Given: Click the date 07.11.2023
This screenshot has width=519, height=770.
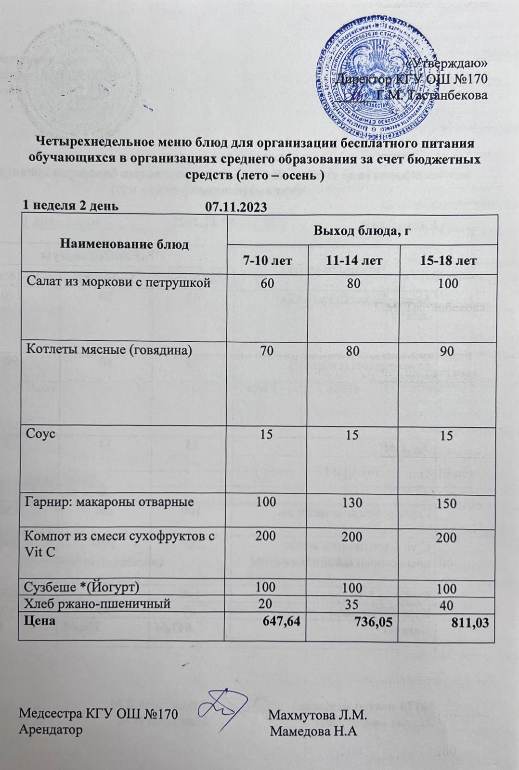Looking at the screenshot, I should [236, 207].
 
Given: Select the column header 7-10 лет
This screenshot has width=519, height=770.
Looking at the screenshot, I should [267, 261].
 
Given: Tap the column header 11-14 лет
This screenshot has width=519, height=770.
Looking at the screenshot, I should [353, 261].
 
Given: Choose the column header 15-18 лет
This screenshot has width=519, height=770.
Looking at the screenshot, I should [448, 261].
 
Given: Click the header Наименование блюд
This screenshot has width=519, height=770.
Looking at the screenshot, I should [124, 244].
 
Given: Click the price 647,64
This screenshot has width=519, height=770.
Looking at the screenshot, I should [282, 621].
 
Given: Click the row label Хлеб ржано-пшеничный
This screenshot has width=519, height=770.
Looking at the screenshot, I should [97, 603].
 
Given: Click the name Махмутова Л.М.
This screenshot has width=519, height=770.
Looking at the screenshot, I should [318, 715].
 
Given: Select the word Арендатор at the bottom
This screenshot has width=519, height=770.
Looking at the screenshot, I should [50, 729].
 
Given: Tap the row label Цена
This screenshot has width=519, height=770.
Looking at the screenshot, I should [39, 620].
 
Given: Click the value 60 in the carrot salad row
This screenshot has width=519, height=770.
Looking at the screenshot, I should [267, 282].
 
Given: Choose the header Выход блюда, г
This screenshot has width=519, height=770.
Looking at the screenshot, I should [362, 231].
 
